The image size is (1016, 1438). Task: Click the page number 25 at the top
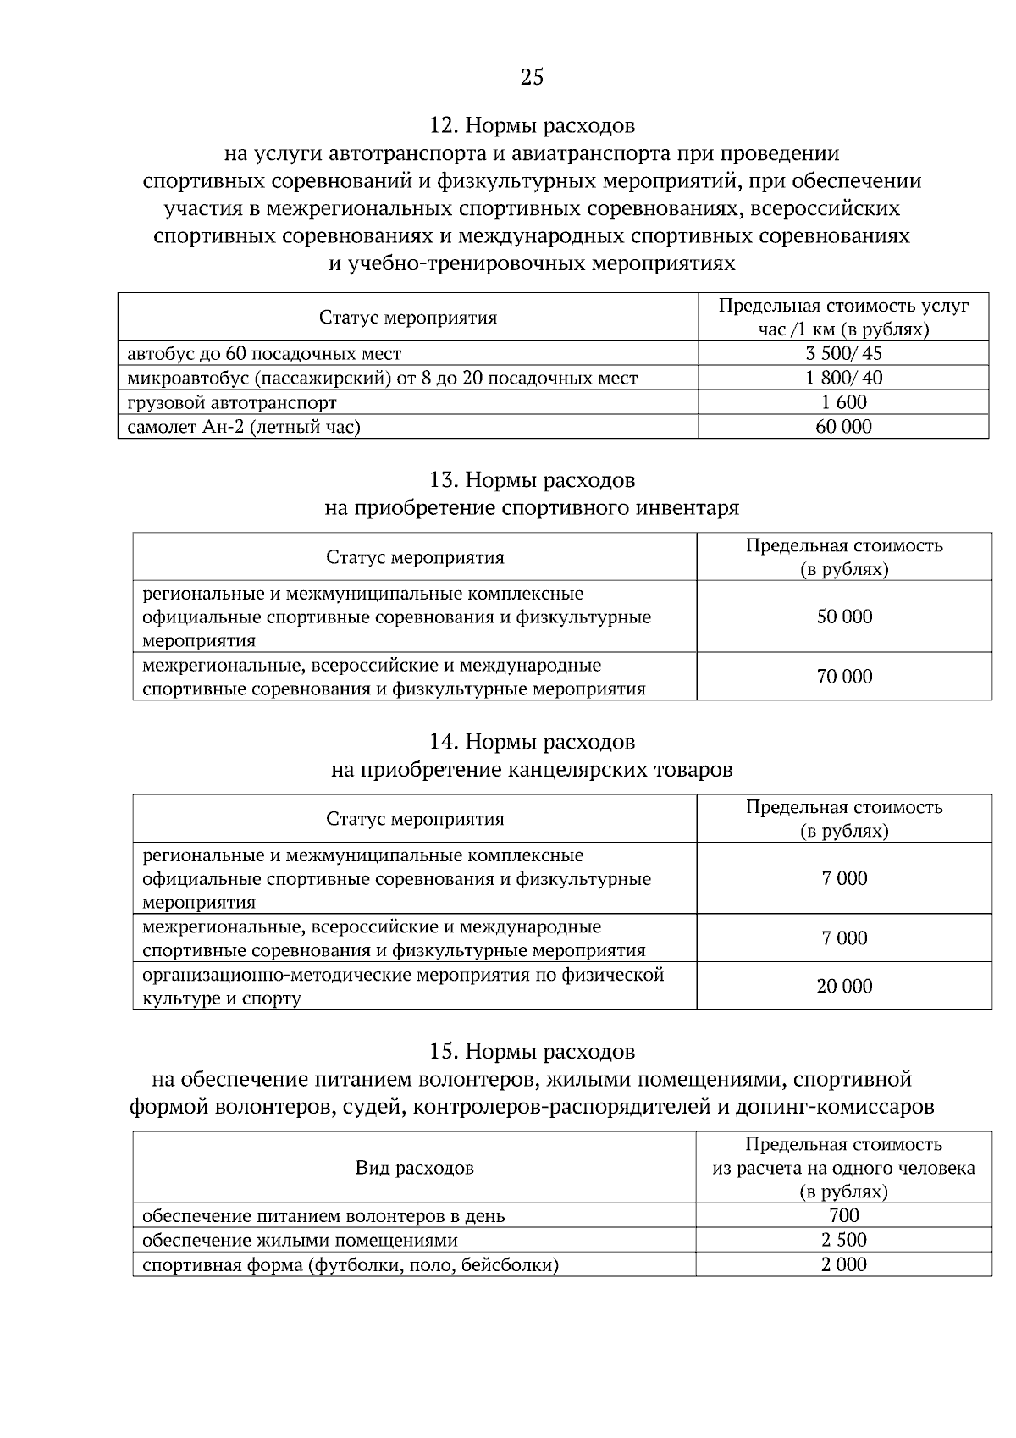point(532,78)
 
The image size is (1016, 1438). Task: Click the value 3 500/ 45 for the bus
point(843,353)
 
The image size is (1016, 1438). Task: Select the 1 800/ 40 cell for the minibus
point(843,378)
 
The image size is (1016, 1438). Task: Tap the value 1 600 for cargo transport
point(843,402)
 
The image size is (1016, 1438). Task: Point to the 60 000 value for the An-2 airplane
point(843,427)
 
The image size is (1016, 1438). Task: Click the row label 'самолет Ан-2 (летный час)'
point(244,427)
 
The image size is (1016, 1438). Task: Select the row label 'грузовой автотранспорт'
point(232,402)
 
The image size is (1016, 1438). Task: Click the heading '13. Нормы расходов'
point(532,480)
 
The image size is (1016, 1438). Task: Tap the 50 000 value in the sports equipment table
point(844,617)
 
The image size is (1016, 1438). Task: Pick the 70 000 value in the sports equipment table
point(844,676)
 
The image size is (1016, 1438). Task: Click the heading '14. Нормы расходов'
point(532,742)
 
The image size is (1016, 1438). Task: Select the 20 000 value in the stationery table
point(844,986)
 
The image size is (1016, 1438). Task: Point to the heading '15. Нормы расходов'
point(532,1052)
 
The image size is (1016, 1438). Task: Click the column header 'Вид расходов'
point(415,1169)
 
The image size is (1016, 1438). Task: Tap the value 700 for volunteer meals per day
point(844,1216)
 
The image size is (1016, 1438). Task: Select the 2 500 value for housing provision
point(844,1241)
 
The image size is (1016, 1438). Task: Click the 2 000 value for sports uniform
point(844,1265)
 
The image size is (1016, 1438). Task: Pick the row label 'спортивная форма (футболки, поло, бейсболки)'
point(351,1265)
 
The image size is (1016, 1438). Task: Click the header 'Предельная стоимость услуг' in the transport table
point(843,307)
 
